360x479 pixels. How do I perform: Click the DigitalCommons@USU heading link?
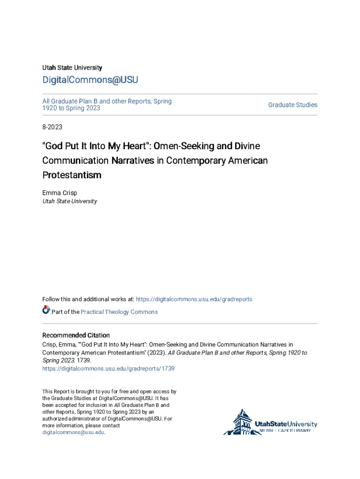click(90, 80)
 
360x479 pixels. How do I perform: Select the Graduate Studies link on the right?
click(293, 105)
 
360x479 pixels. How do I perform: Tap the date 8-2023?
click(52, 127)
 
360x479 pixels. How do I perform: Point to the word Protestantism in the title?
click(72, 175)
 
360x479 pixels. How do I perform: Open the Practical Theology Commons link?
click(119, 312)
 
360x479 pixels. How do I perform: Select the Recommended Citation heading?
click(76, 335)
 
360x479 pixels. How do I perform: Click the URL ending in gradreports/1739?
click(108, 369)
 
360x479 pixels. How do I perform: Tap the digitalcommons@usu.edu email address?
click(73, 433)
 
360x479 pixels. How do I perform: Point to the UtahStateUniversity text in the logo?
click(286, 424)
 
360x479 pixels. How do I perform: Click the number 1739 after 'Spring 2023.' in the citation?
click(84, 361)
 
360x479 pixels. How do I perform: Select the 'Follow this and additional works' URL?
click(194, 299)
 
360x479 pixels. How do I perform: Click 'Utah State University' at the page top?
click(72, 68)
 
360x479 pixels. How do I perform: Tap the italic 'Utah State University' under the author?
click(70, 202)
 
